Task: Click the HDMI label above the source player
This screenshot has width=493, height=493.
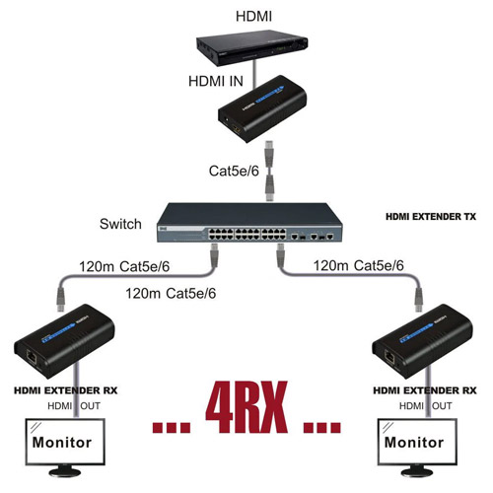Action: click(253, 17)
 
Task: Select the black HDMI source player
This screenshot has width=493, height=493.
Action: click(252, 47)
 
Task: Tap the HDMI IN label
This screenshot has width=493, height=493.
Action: click(216, 81)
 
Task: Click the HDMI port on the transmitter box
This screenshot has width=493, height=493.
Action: click(237, 130)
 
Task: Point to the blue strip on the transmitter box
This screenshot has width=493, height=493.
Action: click(269, 95)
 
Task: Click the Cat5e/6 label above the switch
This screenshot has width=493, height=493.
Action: click(234, 171)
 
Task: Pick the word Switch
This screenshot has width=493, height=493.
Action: click(120, 224)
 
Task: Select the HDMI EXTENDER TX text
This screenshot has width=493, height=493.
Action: click(431, 217)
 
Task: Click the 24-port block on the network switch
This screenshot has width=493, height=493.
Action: click(247, 234)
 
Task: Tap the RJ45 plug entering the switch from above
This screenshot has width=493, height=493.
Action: click(269, 188)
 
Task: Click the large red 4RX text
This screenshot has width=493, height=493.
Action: click(246, 406)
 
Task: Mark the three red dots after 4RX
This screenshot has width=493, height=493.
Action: click(322, 427)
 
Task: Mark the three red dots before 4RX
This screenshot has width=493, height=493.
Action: click(172, 427)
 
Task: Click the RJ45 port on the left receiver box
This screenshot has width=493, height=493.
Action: click(32, 357)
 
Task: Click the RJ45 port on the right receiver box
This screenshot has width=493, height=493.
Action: click(390, 357)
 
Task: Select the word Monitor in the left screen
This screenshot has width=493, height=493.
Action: click(62, 443)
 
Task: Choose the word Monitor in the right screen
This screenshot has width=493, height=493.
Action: click(414, 443)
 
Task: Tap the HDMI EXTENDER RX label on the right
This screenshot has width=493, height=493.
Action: click(425, 390)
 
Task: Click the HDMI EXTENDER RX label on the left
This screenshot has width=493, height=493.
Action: click(66, 390)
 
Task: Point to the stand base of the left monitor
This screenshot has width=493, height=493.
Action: click(65, 473)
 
